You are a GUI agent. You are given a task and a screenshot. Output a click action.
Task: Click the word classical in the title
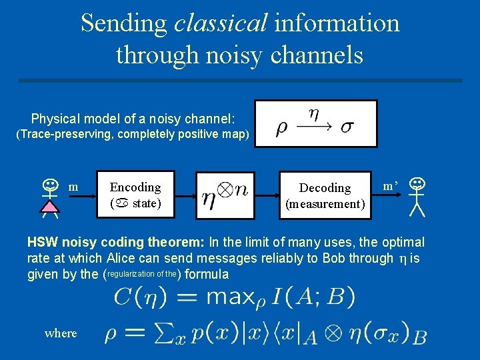tap(219, 23)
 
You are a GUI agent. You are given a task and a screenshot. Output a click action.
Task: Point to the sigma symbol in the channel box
tap(347, 127)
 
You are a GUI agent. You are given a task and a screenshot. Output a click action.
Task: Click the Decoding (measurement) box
tap(325, 195)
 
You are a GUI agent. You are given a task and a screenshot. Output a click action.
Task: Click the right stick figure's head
tap(417, 182)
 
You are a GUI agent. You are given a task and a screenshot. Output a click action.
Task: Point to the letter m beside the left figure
tap(74, 187)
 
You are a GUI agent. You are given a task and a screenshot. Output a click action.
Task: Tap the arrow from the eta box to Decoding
tap(268, 195)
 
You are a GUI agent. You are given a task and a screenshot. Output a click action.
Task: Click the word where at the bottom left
tap(61, 333)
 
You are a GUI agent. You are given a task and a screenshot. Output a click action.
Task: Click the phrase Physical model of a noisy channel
tap(133, 119)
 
